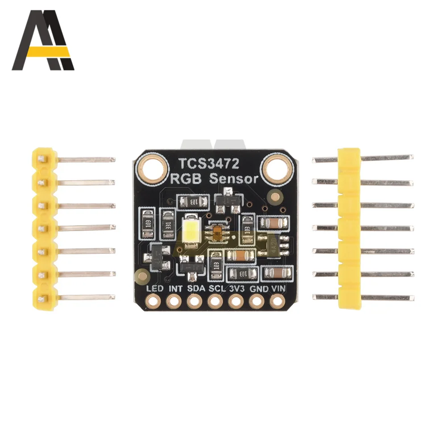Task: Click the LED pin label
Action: tap(154, 289)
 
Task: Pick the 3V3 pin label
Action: tap(236, 289)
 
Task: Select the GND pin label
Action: tap(257, 289)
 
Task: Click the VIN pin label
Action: tap(278, 289)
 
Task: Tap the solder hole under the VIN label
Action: tap(277, 302)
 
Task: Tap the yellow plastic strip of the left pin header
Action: tap(43, 228)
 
